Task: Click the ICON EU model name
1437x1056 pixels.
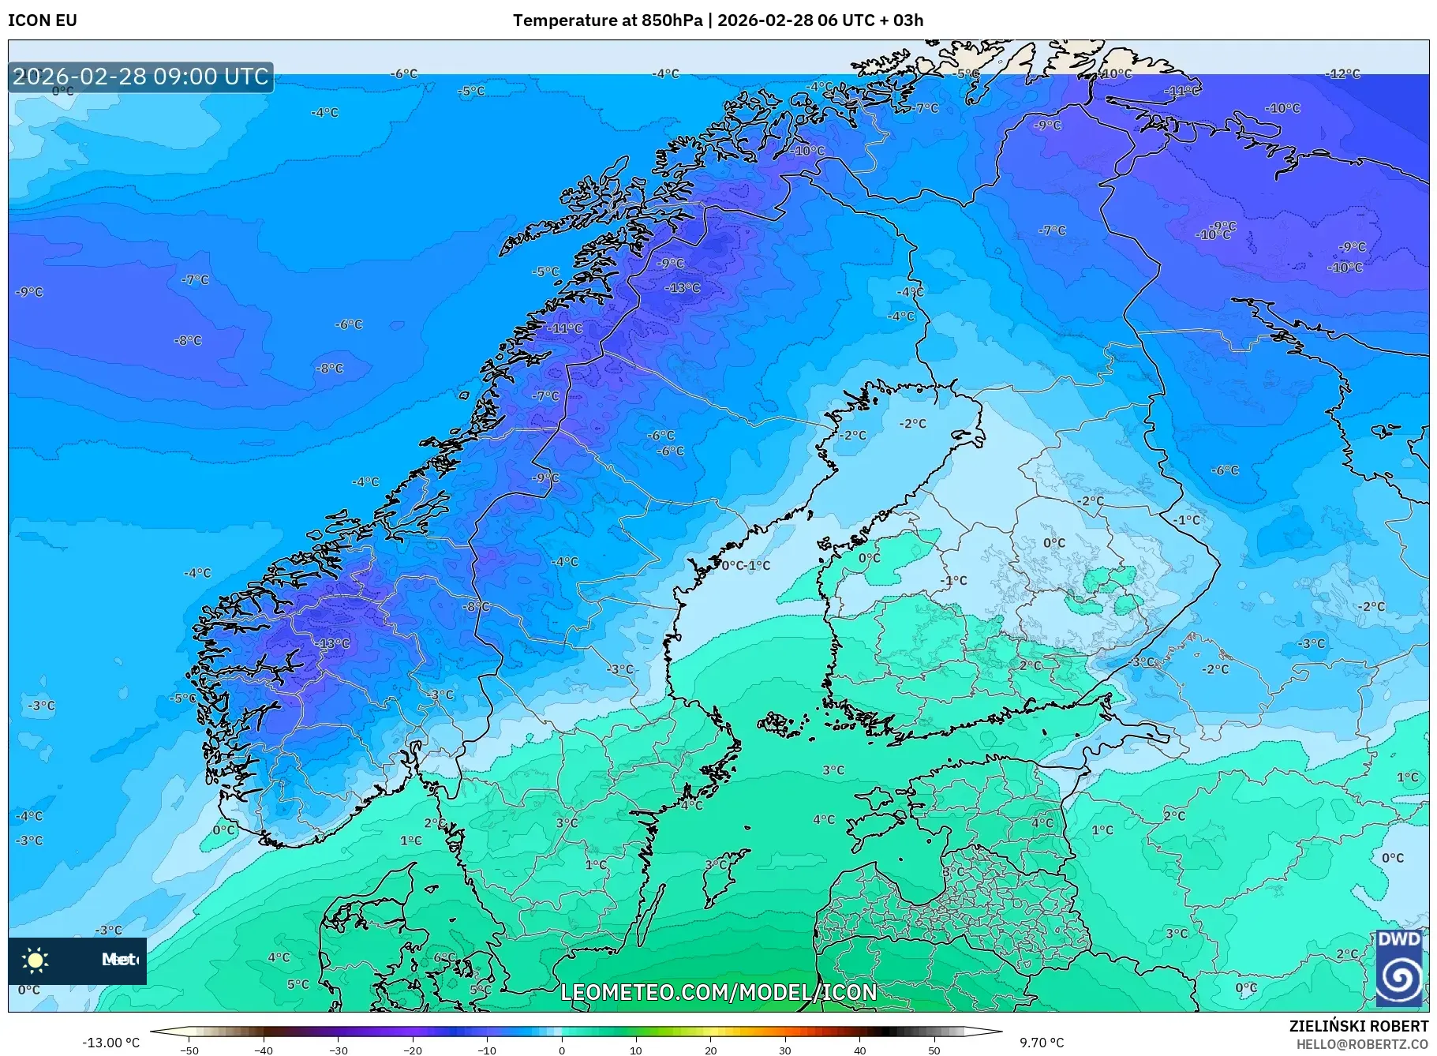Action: [x=43, y=21]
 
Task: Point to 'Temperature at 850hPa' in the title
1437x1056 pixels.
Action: [x=607, y=21]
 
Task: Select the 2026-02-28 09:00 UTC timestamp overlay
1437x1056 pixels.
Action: [x=140, y=77]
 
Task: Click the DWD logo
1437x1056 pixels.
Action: [x=1399, y=968]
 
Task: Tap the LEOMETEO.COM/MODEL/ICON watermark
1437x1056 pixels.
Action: [x=718, y=992]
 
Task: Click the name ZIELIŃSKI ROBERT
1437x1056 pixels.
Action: [x=1358, y=1026]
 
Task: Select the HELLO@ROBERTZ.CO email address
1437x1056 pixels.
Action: [x=1362, y=1043]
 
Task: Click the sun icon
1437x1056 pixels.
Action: [x=36, y=960]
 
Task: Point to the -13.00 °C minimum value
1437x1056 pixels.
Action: [x=110, y=1043]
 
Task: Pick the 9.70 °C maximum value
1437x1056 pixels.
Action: [x=1042, y=1043]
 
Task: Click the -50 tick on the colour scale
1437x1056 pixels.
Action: [x=189, y=1050]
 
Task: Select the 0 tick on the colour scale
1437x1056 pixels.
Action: [x=562, y=1050]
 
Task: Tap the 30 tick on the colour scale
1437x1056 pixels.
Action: [x=785, y=1050]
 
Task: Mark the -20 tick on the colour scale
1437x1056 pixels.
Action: [x=413, y=1050]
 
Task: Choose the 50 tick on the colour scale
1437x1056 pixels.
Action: [x=934, y=1050]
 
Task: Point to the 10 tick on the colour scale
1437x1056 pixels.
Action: [x=636, y=1050]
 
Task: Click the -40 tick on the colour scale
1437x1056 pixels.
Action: [x=264, y=1050]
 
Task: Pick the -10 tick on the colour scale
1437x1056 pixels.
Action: [x=487, y=1050]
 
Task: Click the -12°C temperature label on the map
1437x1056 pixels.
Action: [x=1344, y=74]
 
